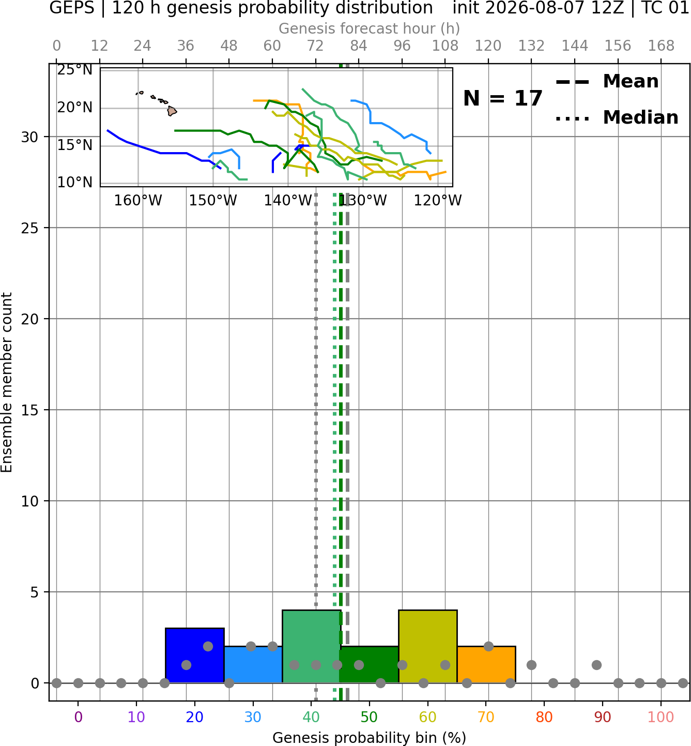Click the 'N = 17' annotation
[502, 98]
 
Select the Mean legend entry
[607, 81]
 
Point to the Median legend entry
[617, 117]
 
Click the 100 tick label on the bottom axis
[661, 717]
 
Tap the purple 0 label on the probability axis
[78, 717]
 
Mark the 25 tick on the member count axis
[30, 228]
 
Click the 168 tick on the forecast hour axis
[661, 46]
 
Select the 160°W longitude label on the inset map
[138, 201]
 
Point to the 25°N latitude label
[75, 70]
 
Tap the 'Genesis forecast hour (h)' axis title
[370, 28]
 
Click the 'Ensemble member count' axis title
[6, 382]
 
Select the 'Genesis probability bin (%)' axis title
[370, 738]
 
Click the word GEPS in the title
[72, 8]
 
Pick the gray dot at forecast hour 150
[596, 665]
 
